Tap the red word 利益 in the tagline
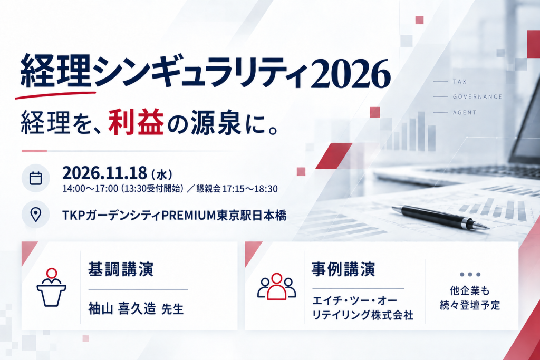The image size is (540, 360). pyautogui.click(x=136, y=122)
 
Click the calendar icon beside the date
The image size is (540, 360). pyautogui.click(x=35, y=178)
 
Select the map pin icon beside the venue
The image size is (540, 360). pyautogui.click(x=35, y=215)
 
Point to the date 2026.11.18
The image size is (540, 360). pyautogui.click(x=104, y=173)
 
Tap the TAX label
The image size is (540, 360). pyautogui.click(x=460, y=82)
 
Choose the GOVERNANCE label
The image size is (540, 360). pyautogui.click(x=477, y=96)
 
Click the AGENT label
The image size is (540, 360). pyautogui.click(x=465, y=113)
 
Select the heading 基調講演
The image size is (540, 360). pyautogui.click(x=121, y=269)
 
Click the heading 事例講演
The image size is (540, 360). pyautogui.click(x=343, y=269)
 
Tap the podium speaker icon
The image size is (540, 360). pyautogui.click(x=51, y=287)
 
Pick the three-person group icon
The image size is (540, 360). pyautogui.click(x=276, y=286)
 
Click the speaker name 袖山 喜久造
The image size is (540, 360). pyautogui.click(x=122, y=308)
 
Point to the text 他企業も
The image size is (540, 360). pyautogui.click(x=470, y=291)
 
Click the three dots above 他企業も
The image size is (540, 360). pyautogui.click(x=470, y=274)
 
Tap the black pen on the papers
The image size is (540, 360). pyautogui.click(x=440, y=217)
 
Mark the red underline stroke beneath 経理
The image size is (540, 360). pyautogui.click(x=55, y=95)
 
